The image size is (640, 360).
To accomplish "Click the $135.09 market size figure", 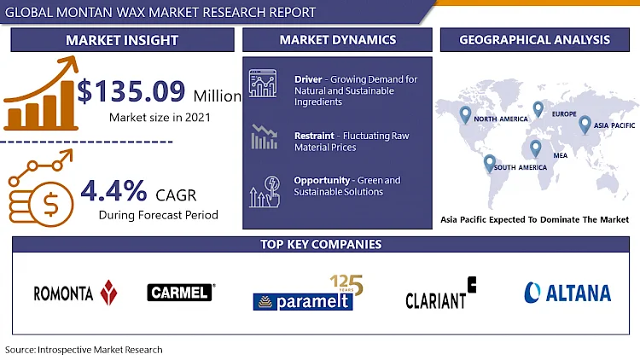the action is (x=131, y=91).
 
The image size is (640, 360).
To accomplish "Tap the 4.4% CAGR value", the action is (x=113, y=190).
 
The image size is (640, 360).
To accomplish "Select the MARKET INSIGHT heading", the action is (x=122, y=40).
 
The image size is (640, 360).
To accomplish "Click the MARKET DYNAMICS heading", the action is (x=338, y=39).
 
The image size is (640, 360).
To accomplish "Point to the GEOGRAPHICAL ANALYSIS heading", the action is (x=535, y=39).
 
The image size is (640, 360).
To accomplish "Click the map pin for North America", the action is (x=465, y=114).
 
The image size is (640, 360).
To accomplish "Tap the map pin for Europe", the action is (x=538, y=109).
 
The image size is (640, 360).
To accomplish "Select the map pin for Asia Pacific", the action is (x=585, y=125).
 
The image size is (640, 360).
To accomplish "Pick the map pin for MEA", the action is (x=535, y=148).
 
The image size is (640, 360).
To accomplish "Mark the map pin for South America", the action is (x=490, y=163).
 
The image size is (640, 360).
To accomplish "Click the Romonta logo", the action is (x=75, y=293).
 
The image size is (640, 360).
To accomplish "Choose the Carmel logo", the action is (x=181, y=293).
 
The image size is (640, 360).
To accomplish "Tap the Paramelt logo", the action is (x=308, y=293).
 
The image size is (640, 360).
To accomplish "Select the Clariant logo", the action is (x=441, y=293).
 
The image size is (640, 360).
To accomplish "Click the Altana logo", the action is (x=567, y=293).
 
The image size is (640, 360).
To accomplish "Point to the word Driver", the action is (x=308, y=79).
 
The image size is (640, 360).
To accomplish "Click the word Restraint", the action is (x=314, y=136).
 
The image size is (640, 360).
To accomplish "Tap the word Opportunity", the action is (x=322, y=180).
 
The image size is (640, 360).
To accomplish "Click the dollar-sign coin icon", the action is (x=50, y=205).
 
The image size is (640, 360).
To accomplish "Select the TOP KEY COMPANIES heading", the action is (x=321, y=244).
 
